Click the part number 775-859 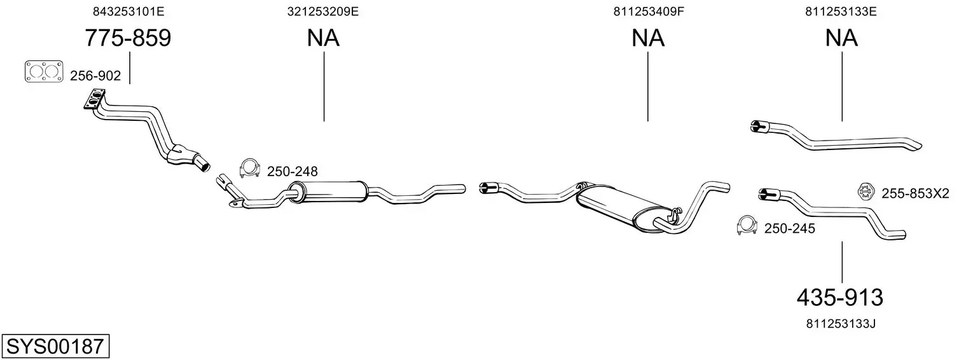point(128,38)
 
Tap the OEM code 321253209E point(323,11)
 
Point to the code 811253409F point(648,11)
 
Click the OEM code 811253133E point(841,11)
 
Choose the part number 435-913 point(840,297)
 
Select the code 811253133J point(841,324)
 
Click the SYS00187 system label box point(55,347)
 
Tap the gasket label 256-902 point(95,76)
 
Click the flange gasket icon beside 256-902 point(44,71)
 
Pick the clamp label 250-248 point(292,171)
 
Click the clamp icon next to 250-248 point(250,169)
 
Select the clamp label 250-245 point(789,229)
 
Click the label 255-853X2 point(915,193)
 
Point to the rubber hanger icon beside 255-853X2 point(866,191)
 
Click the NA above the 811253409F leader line point(648,38)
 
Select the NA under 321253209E point(323,38)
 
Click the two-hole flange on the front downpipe point(95,101)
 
